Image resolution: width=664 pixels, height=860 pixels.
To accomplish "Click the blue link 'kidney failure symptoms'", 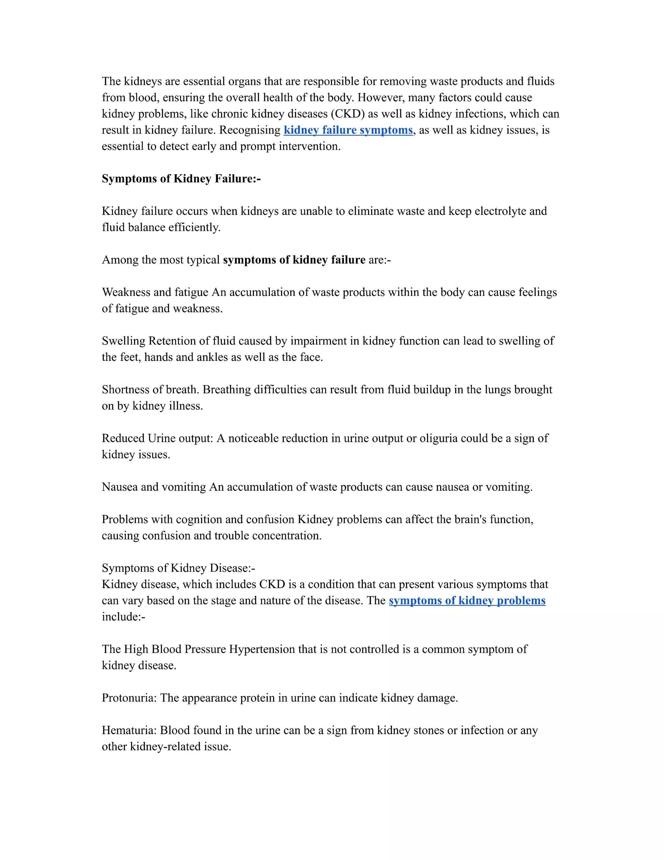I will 348,130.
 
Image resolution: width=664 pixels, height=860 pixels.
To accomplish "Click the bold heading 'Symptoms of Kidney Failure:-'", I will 181,178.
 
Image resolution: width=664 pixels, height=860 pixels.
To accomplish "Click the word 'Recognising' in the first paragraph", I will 250,130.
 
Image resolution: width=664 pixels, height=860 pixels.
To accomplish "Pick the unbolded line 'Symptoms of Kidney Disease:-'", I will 179,568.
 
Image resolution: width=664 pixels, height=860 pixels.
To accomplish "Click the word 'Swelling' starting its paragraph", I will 124,341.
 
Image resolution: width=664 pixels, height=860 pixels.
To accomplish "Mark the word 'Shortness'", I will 125,389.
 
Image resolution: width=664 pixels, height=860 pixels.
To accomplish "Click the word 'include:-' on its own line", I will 124,617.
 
